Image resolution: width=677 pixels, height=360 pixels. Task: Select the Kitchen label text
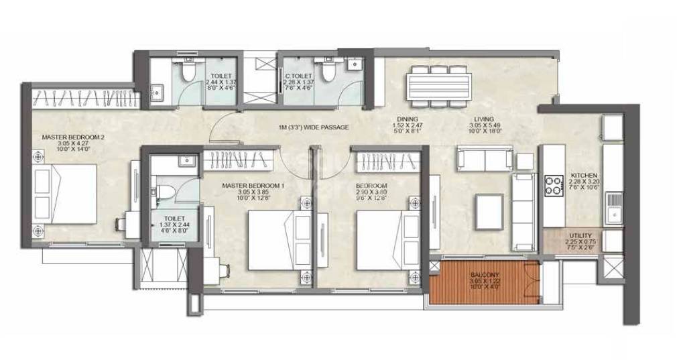[583, 175]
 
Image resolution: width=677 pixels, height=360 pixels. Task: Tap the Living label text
[483, 119]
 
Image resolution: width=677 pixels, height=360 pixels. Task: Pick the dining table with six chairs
[438, 86]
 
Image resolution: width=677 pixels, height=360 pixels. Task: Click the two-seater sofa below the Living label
[484, 158]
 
